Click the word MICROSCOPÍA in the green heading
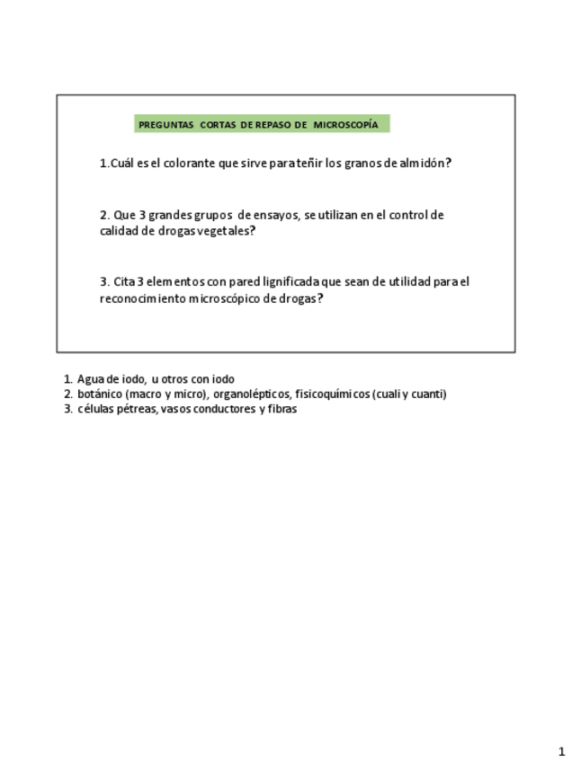[345, 125]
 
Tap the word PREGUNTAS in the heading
[166, 125]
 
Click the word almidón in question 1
[425, 164]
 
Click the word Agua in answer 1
[90, 379]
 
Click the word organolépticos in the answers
[251, 394]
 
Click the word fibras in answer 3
[282, 409]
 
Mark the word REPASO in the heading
[273, 125]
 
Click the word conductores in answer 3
[222, 409]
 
